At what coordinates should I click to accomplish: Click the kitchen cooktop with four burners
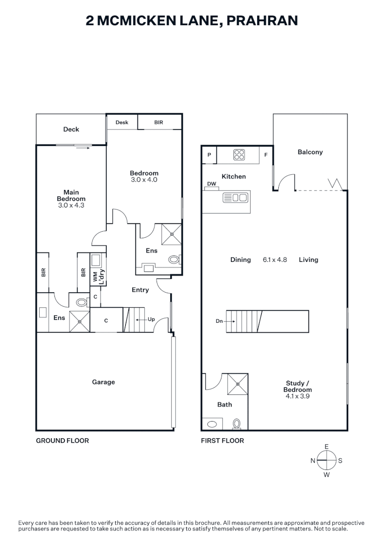239,155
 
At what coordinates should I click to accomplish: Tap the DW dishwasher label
211,184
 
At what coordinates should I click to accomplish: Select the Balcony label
310,152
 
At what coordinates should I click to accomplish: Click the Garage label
103,382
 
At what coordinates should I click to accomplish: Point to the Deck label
71,129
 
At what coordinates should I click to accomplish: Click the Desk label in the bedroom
122,122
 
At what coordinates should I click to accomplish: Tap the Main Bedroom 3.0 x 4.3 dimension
71,206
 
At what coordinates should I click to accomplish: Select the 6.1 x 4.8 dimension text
275,260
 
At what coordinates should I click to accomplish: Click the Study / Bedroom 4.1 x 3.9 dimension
297,396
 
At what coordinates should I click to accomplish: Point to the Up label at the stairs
151,319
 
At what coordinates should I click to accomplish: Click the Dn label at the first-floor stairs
219,320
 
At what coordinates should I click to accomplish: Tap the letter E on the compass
327,447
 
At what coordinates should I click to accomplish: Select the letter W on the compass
327,474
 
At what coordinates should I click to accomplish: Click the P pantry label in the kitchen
209,155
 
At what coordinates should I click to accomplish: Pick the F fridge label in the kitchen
266,155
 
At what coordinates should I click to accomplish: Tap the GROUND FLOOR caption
62,441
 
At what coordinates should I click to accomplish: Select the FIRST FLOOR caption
222,441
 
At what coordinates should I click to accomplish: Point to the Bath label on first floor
224,404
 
